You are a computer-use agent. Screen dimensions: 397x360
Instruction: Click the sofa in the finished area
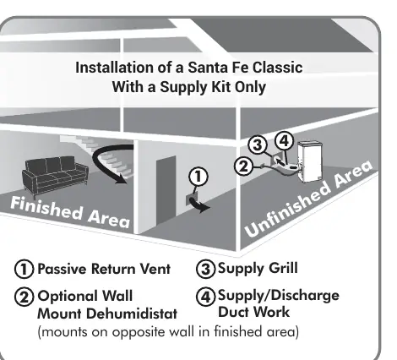(x=55, y=176)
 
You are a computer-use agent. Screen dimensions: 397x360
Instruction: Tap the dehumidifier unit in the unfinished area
(x=310, y=161)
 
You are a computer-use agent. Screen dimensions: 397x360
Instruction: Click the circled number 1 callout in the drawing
(x=198, y=177)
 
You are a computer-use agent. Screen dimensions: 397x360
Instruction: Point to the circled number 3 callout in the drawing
(x=258, y=145)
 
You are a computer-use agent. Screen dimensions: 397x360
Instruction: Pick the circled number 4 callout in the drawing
(x=284, y=140)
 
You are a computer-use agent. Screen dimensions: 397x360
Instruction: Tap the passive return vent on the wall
(x=192, y=199)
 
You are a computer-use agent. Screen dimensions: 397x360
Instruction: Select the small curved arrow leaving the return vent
(x=200, y=205)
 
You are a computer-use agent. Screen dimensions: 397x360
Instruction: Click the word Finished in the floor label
(x=46, y=208)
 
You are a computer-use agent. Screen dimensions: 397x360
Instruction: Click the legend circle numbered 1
(x=24, y=269)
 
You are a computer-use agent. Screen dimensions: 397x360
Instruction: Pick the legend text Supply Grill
(x=258, y=268)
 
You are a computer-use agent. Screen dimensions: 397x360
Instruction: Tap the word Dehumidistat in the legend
(x=132, y=314)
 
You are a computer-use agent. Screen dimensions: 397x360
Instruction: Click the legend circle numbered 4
(x=205, y=297)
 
